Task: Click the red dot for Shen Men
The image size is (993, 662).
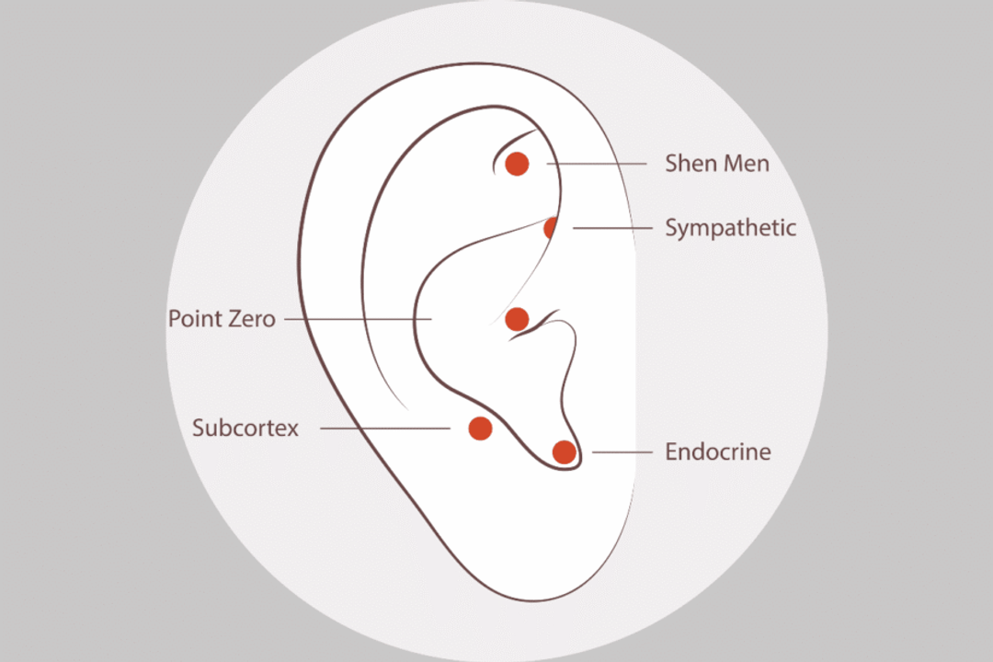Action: pos(517,164)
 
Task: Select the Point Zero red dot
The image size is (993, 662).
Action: pos(517,319)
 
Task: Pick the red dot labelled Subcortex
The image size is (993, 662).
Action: pos(480,428)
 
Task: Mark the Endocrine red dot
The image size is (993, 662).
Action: pos(565,452)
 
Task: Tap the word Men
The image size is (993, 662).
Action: pos(747,164)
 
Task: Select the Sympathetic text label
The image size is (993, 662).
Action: pos(730,229)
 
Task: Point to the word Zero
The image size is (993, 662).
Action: pos(253,319)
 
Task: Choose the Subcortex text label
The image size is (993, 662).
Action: pos(245,428)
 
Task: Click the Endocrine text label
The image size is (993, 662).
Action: pos(718,452)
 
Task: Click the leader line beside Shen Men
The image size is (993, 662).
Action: pos(598,164)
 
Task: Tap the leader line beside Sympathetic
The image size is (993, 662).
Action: pos(612,228)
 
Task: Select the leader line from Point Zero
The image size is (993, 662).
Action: pos(359,319)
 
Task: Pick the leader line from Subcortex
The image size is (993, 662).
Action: pos(385,428)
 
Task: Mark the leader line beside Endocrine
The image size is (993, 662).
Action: pos(622,452)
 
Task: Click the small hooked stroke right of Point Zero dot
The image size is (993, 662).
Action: pos(535,325)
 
